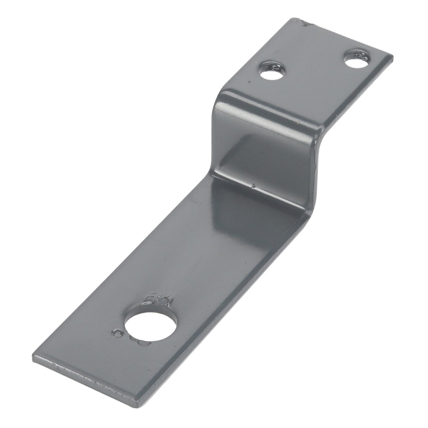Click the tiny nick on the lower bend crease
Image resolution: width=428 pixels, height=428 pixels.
coord(252,184)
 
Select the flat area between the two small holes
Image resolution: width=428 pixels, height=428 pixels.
coord(314,67)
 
